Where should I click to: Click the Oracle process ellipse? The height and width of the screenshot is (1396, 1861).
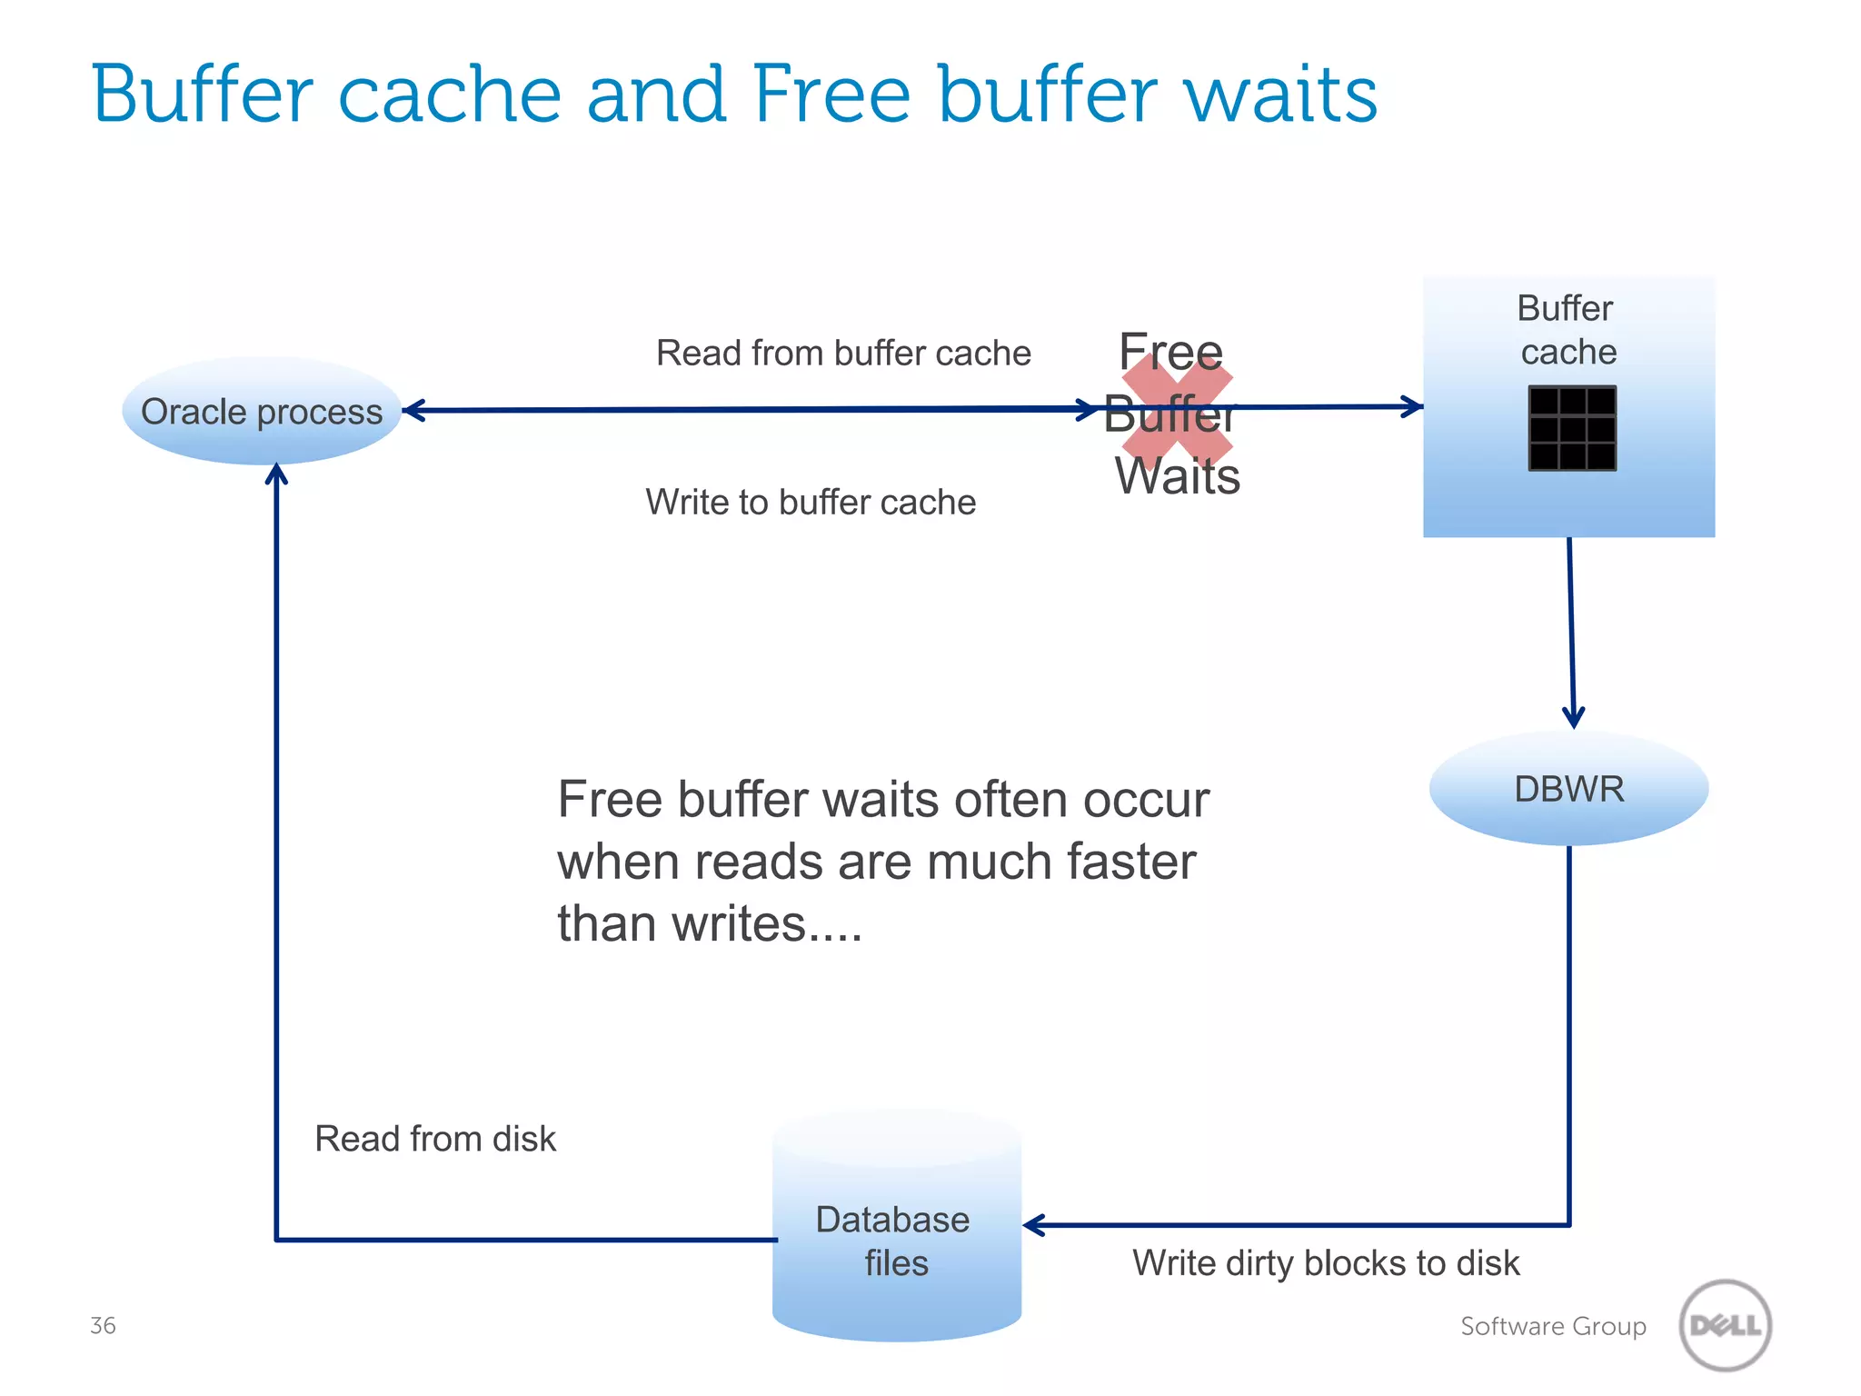[262, 412]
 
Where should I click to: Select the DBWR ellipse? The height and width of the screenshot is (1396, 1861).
[1568, 789]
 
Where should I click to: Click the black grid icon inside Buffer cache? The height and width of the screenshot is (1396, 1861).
[1572, 428]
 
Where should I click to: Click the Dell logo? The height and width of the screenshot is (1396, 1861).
[1725, 1325]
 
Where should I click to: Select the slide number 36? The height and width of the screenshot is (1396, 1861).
[103, 1325]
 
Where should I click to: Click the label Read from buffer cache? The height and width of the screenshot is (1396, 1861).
[843, 353]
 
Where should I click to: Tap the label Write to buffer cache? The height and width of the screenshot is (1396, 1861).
[811, 502]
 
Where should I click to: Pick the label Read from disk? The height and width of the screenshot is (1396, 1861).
[434, 1139]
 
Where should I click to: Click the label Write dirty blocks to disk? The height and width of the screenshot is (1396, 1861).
[1326, 1262]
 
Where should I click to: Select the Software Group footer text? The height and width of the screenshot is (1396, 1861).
[1553, 1326]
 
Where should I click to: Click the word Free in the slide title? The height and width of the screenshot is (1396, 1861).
[831, 95]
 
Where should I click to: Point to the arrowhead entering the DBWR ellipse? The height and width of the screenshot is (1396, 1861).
[1574, 718]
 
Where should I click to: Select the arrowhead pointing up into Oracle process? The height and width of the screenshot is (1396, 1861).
[276, 474]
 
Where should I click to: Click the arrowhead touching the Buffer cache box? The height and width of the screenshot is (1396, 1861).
[1412, 406]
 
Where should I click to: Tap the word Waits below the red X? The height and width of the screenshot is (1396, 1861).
[1178, 476]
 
